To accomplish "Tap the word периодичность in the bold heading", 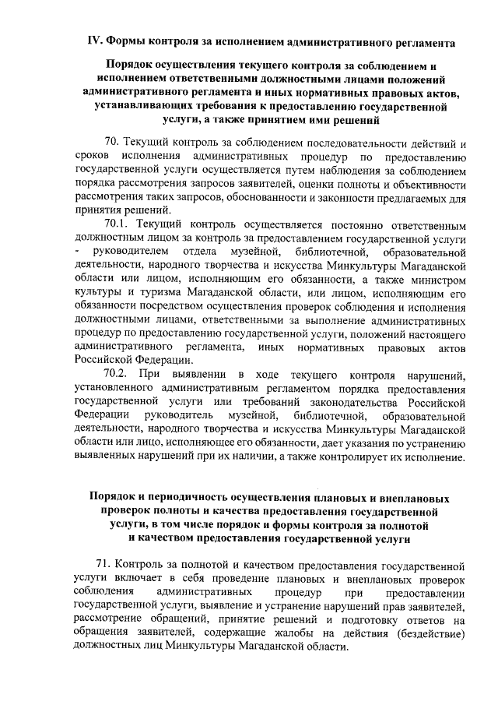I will (x=181, y=497).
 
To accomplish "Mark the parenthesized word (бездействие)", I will (x=430, y=634).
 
